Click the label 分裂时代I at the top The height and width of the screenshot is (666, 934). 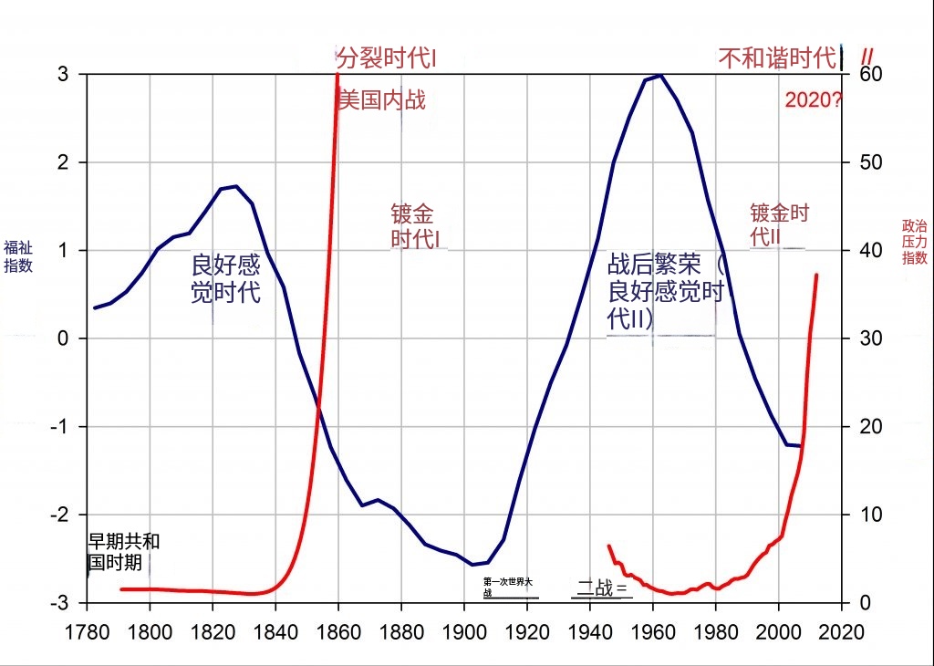387,59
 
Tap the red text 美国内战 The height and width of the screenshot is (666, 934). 381,99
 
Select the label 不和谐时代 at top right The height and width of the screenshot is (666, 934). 777,59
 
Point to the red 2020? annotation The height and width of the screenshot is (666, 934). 814,101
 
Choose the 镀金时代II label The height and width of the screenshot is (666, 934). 779,224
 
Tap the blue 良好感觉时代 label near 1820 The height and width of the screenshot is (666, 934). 225,279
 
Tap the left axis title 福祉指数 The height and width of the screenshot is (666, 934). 17,256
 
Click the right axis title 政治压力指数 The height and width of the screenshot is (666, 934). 914,242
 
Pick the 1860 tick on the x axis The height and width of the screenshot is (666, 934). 338,631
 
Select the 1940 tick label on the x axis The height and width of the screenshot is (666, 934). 590,631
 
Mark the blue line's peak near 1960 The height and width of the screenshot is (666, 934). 659,75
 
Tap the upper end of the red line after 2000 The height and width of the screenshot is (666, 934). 816,275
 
